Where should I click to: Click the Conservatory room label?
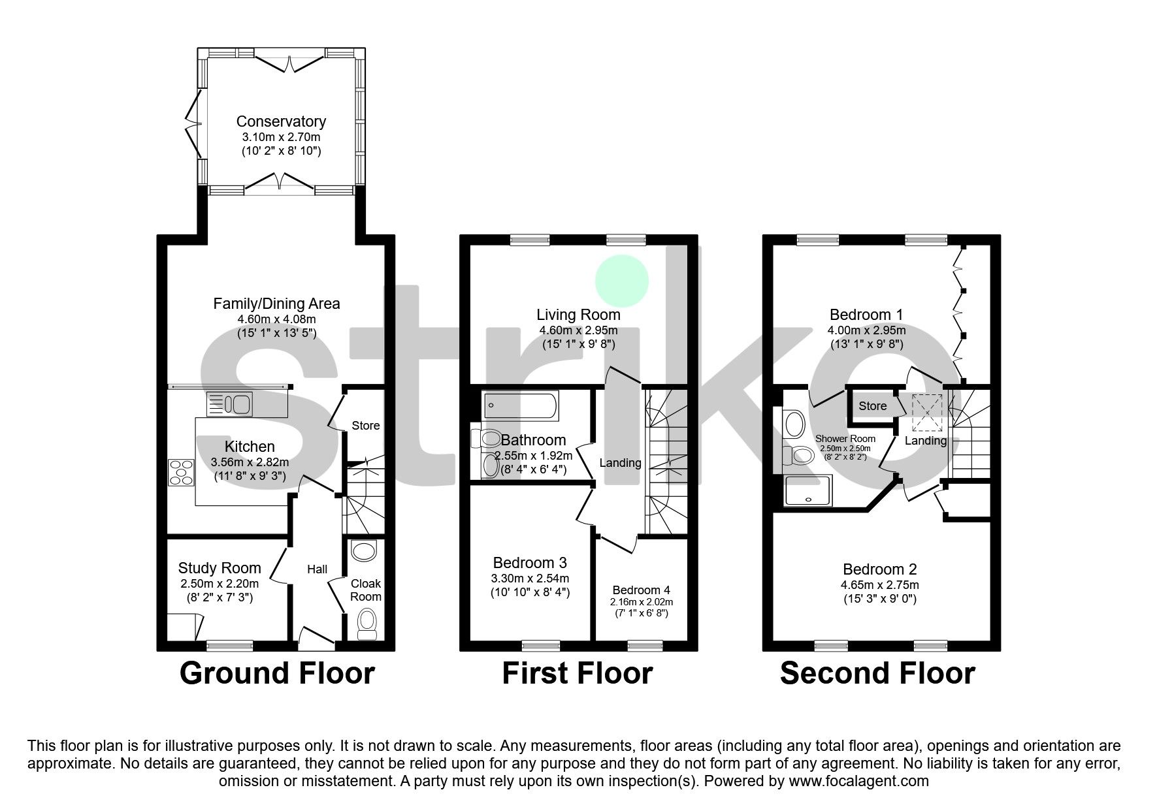coord(281,121)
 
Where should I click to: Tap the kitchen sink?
coord(229,404)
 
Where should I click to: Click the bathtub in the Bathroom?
coord(521,406)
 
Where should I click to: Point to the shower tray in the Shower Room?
coord(809,490)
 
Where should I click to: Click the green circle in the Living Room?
coord(621,281)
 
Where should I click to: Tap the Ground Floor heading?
coord(277,673)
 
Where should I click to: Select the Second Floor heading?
coord(877,673)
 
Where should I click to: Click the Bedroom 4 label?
coord(641,590)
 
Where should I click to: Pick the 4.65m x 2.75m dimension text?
coord(880,585)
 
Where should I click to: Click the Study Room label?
coord(220,568)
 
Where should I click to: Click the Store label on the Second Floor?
coord(872,406)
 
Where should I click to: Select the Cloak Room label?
coord(366,590)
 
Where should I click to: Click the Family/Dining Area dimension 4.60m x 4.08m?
coord(276,319)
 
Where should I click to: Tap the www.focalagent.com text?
coord(858,781)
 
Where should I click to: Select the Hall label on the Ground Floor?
coord(318,569)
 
